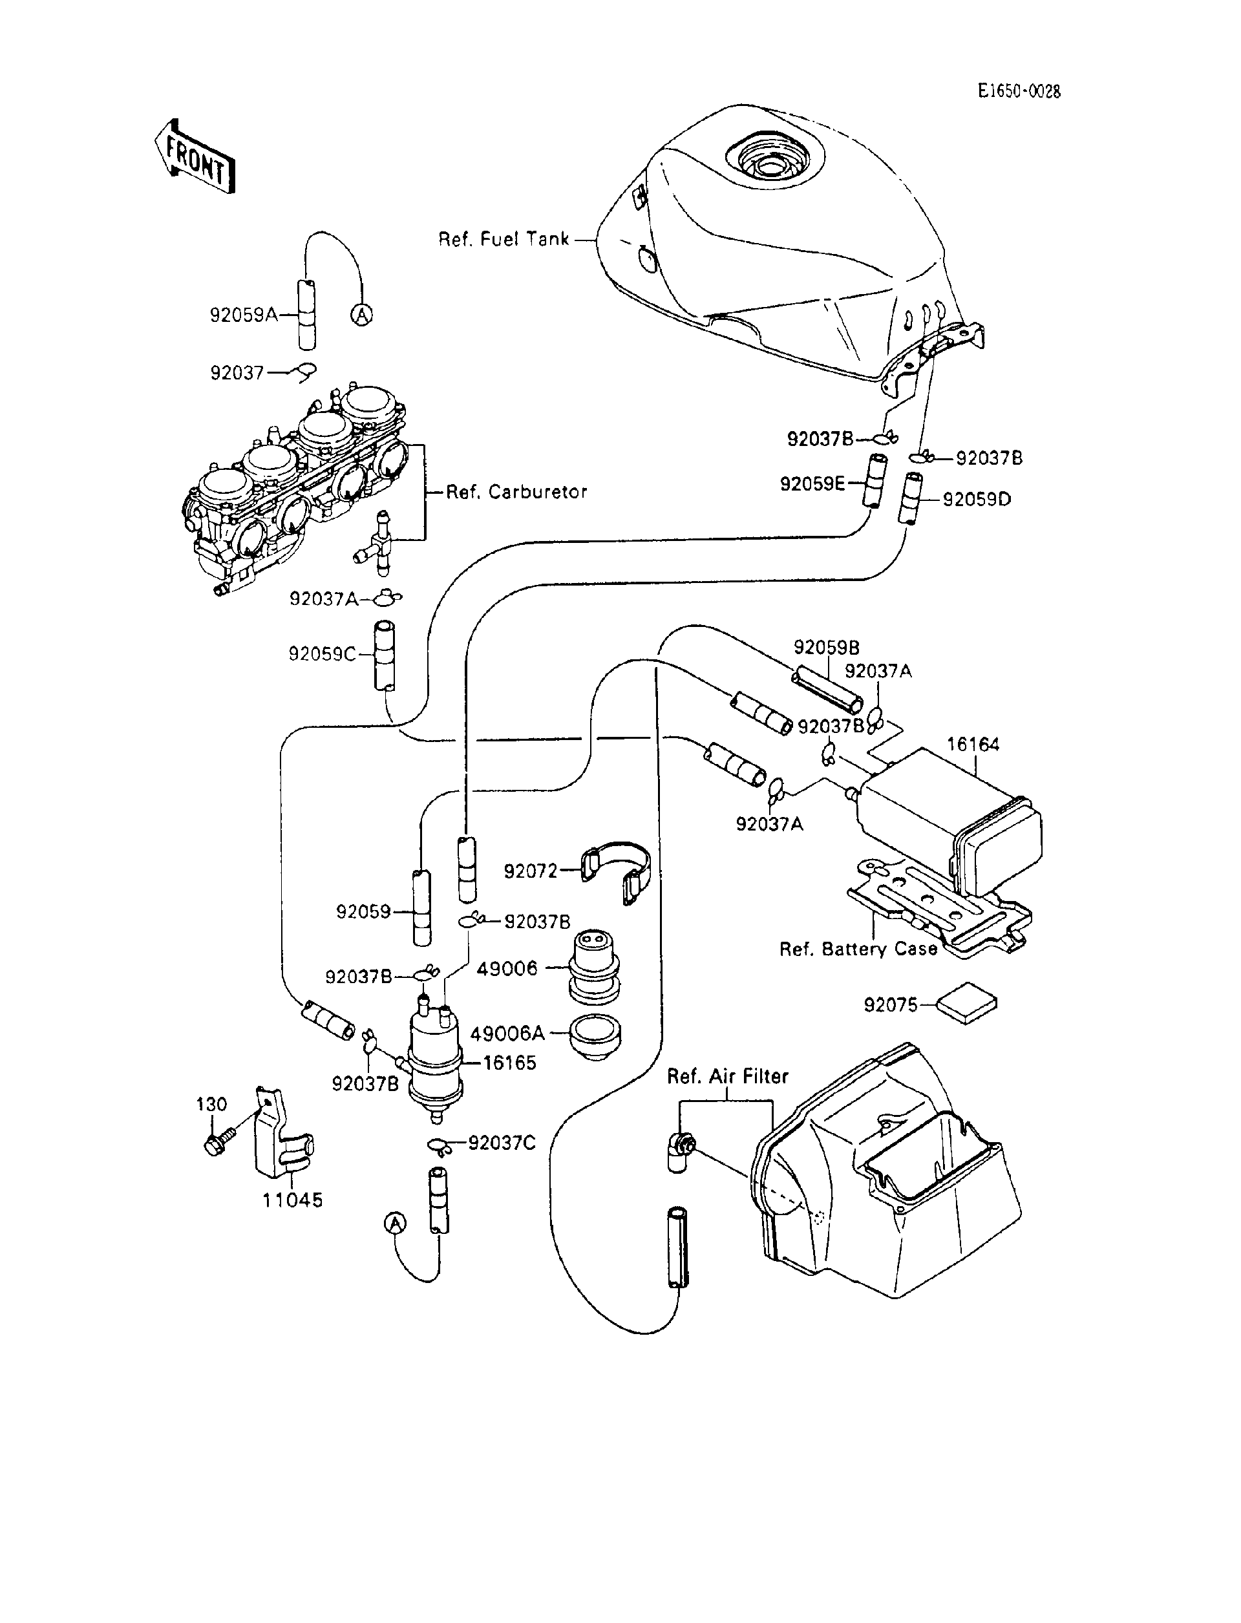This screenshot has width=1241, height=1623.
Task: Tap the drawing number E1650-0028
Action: click(1019, 91)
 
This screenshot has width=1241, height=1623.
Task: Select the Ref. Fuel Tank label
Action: click(504, 239)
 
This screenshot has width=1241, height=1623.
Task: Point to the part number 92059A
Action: click(243, 315)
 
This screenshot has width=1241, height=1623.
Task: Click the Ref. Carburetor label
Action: click(516, 492)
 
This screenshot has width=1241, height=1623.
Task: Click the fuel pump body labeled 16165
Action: click(434, 1056)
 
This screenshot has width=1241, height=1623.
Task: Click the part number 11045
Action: click(293, 1200)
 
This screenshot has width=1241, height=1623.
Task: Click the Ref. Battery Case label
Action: click(858, 949)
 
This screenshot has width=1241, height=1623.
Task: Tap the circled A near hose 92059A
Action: click(361, 315)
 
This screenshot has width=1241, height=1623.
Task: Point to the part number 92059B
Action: click(826, 648)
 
